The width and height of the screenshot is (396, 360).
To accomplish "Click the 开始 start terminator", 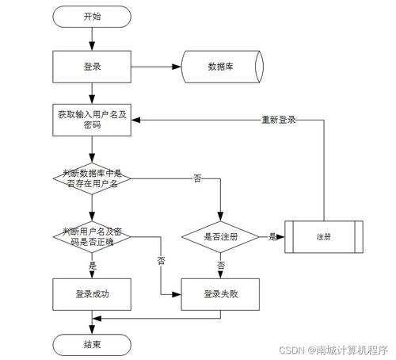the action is point(92,17).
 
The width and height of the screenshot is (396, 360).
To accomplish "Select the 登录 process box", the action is point(92,67).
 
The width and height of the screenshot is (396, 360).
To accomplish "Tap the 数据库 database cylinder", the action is point(223,67).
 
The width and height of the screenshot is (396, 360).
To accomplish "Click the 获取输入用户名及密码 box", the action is point(92,120).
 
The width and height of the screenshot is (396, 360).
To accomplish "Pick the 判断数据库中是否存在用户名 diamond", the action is point(92,178).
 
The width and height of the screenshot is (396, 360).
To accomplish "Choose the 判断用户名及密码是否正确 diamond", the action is point(92,237).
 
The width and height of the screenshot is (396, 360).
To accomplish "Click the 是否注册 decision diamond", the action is point(220,237).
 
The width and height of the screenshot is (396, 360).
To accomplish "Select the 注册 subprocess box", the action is point(324,237).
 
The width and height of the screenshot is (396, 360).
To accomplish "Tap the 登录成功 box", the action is point(92,294).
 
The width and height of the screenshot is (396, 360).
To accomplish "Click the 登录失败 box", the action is point(220,294).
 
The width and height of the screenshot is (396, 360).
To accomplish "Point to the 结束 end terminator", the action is point(92,345).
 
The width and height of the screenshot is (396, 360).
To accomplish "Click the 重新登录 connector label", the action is point(279,120).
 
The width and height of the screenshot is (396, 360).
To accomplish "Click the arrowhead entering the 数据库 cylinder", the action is point(177,67).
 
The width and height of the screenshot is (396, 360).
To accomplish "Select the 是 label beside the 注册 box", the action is point(272,236).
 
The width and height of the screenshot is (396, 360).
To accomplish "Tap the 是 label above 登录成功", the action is point(93,266).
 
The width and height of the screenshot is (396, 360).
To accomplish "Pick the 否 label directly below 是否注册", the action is point(221,265).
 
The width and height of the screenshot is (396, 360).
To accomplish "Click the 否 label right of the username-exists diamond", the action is point(197,178).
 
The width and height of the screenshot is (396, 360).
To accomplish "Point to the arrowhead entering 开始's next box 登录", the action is point(92,46).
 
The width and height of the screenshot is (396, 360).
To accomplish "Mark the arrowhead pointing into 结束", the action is point(92,329).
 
